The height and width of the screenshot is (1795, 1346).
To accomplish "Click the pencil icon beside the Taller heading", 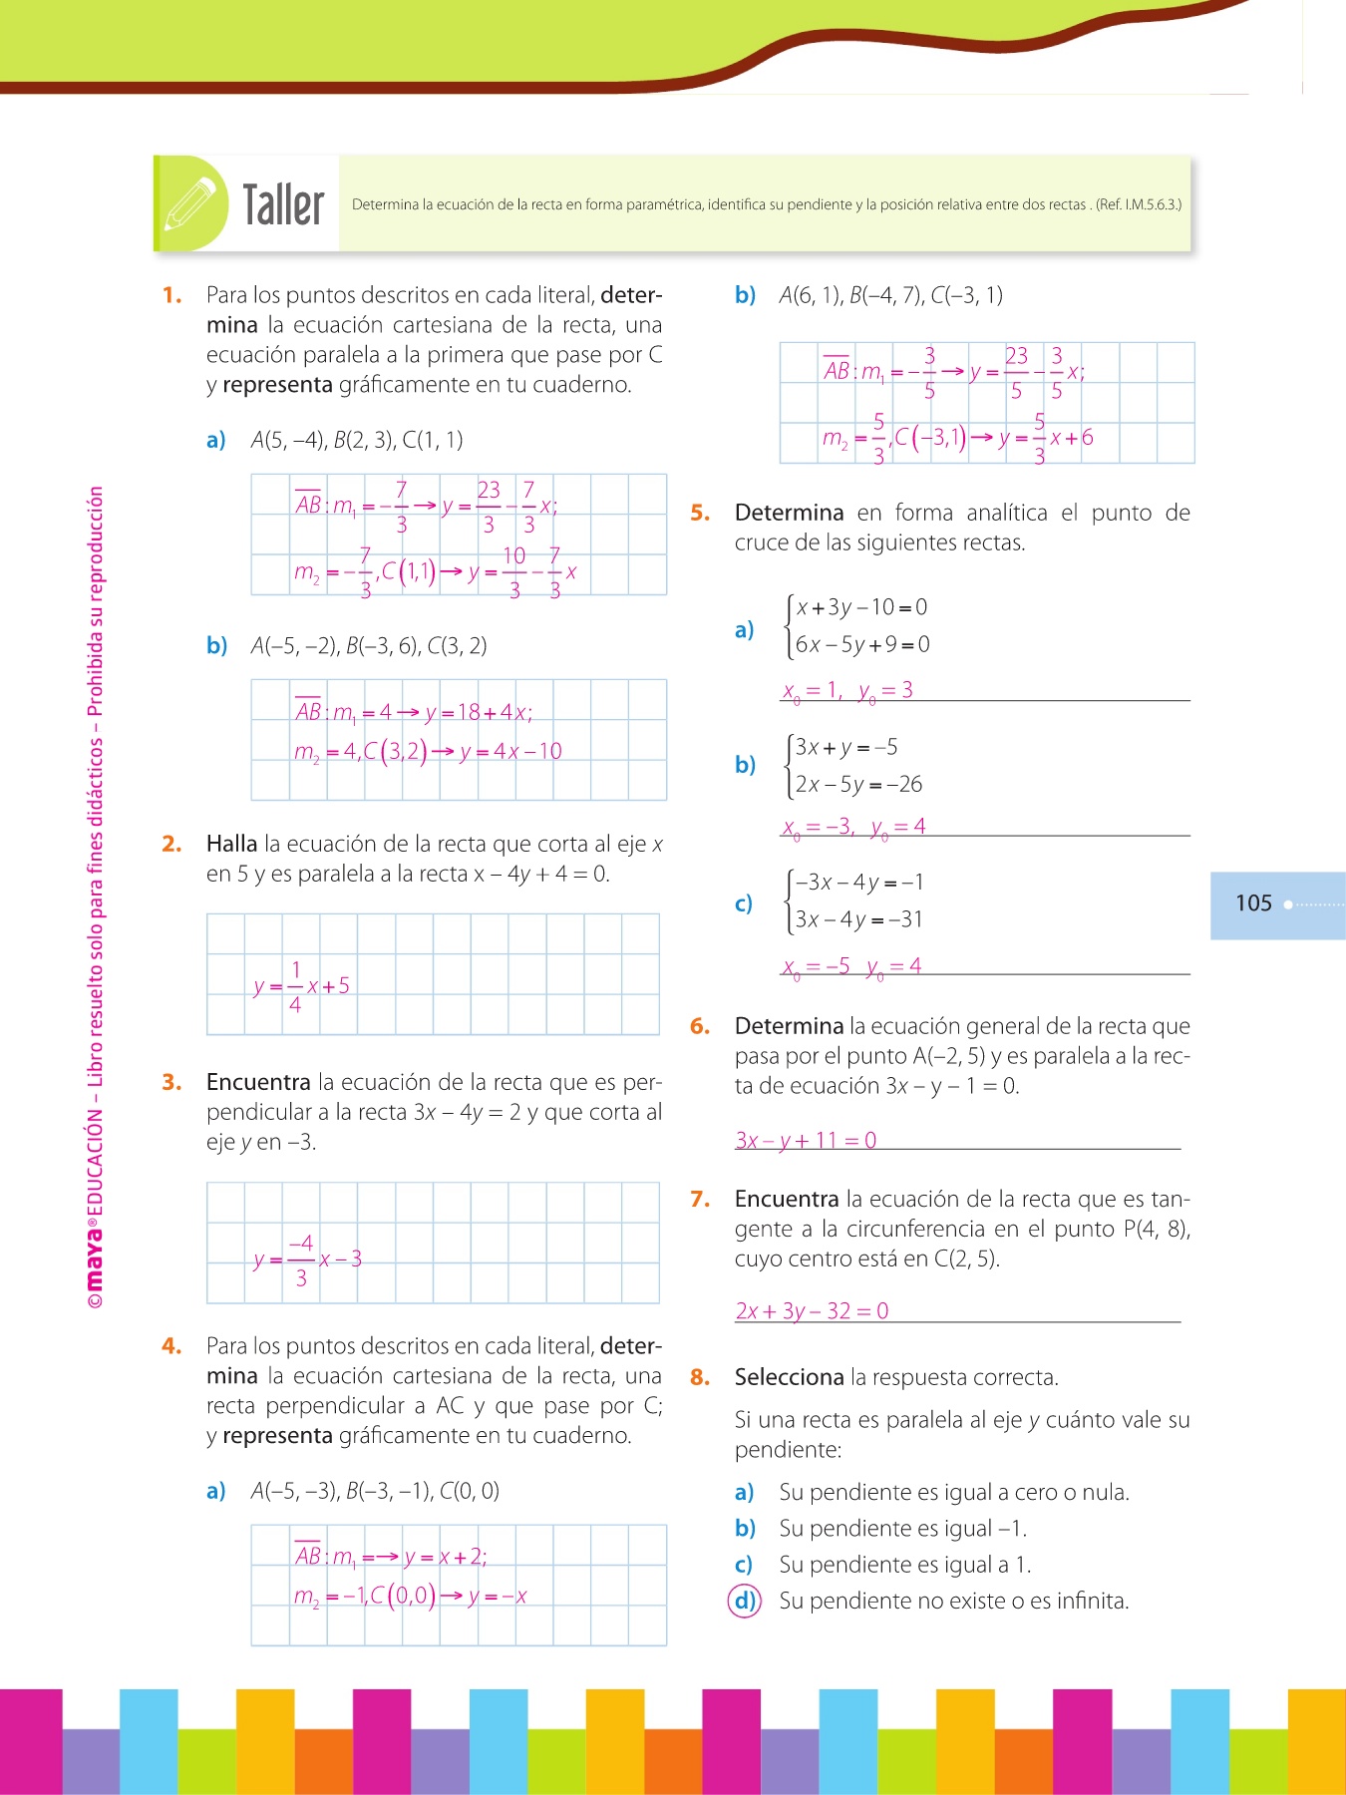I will (x=190, y=204).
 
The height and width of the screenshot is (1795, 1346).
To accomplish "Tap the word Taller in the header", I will (x=283, y=205).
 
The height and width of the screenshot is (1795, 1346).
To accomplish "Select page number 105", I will (x=1253, y=903).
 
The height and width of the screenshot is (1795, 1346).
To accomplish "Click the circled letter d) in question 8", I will (x=745, y=1601).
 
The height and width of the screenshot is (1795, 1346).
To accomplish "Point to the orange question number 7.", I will (x=700, y=1199).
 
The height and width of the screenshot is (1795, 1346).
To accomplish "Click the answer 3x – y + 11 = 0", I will (x=806, y=1140).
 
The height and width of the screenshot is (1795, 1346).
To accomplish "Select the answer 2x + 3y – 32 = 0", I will (x=812, y=1310).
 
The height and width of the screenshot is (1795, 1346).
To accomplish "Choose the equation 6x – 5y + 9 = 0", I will (x=862, y=644).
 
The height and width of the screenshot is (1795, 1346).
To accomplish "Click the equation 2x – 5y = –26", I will (x=858, y=784).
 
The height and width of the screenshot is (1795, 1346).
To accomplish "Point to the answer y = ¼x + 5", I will (x=301, y=986).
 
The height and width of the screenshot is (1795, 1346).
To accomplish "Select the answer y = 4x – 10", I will (x=510, y=751).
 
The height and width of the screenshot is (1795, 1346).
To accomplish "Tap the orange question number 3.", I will (x=171, y=1082).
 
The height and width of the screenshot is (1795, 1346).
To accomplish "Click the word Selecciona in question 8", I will (x=789, y=1377).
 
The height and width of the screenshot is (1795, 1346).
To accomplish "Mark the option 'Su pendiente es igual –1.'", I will (x=902, y=1528).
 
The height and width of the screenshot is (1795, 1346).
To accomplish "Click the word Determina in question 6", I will (x=789, y=1026).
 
